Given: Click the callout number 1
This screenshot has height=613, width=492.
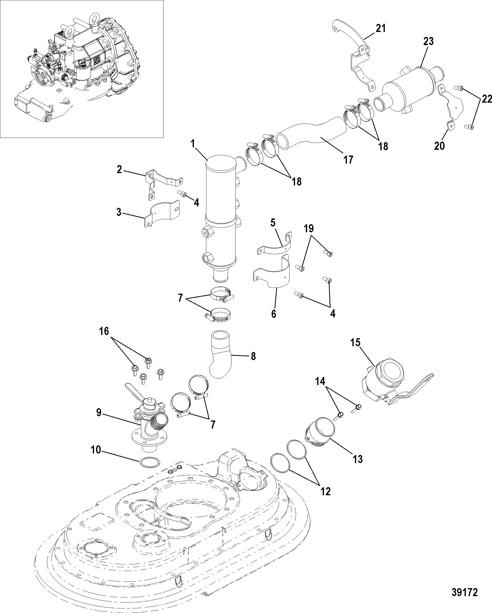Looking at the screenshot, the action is coord(193,144).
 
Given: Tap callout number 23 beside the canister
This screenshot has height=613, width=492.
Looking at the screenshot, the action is coord(428,42).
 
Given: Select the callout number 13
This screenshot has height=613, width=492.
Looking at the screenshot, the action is coord(358,459).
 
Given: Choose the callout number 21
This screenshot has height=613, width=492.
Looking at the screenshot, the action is coord(381,28).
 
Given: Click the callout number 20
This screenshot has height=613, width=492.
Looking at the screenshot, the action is coord(439,146).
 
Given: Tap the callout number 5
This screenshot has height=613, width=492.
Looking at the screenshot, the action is coord(273,223).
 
